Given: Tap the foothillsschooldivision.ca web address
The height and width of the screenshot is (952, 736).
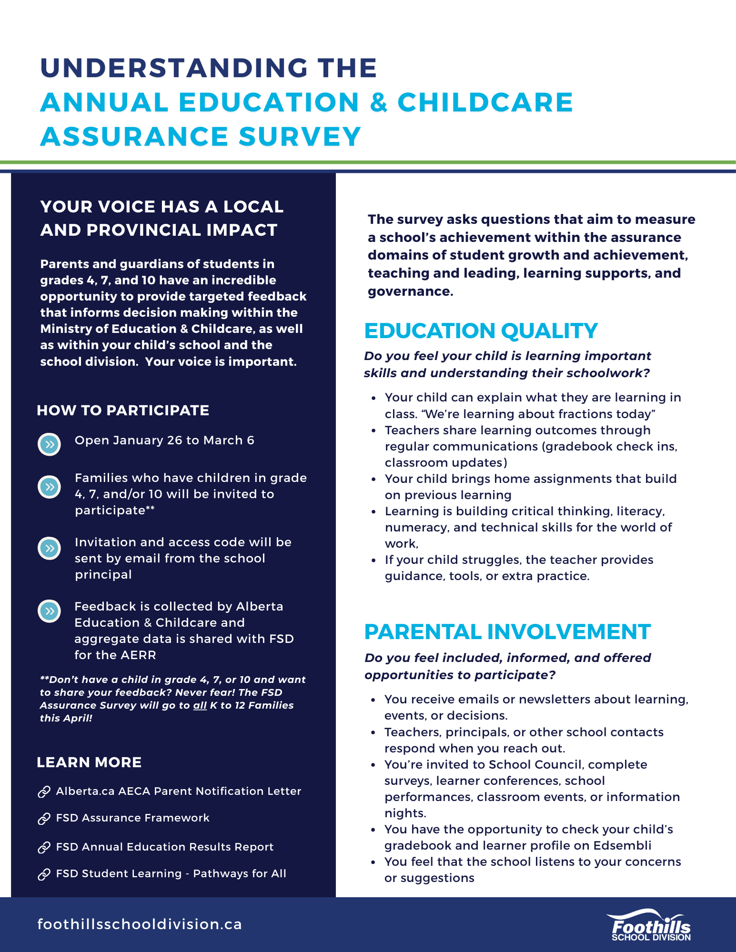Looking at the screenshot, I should tap(140, 924).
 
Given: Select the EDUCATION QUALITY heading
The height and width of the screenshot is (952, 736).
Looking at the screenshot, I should tap(481, 331).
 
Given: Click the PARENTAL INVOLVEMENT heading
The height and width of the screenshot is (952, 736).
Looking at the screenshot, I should tap(507, 632).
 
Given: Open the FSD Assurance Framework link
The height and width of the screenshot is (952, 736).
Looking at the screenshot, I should tap(132, 818).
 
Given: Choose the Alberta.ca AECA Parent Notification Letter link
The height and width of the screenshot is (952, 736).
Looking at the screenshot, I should tap(178, 791).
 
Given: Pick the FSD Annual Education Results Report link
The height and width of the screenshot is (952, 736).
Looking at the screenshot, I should tap(164, 847).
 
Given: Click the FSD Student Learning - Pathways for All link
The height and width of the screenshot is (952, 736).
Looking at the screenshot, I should tap(171, 873).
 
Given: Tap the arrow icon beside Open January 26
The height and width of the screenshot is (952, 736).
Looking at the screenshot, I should tap(49, 444).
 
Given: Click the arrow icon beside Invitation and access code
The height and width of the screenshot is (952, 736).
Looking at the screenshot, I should tap(49, 549).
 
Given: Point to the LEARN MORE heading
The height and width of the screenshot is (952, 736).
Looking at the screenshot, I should tap(89, 762).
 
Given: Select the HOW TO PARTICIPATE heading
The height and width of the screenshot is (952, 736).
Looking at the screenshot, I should tap(123, 411).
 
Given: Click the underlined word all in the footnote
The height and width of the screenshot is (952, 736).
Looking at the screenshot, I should tap(200, 705).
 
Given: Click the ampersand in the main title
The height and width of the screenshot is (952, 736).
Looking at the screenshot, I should tap(378, 102).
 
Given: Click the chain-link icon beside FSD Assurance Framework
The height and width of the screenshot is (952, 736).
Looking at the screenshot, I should tap(44, 818).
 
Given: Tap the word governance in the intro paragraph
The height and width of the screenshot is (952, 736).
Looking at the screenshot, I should tap(409, 291).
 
